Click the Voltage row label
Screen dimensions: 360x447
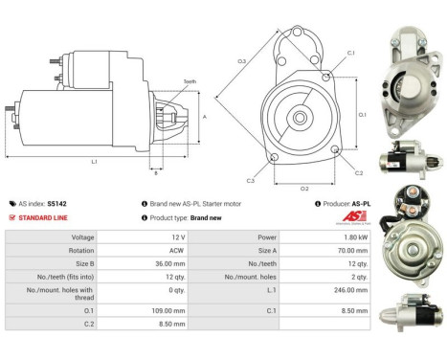click(x=83, y=237)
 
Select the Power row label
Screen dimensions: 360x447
click(x=267, y=237)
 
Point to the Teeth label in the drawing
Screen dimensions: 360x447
click(x=190, y=82)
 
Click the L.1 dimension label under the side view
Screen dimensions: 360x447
click(x=95, y=162)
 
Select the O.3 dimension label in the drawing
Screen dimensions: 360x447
click(x=242, y=62)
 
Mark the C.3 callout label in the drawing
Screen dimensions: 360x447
click(x=250, y=179)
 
